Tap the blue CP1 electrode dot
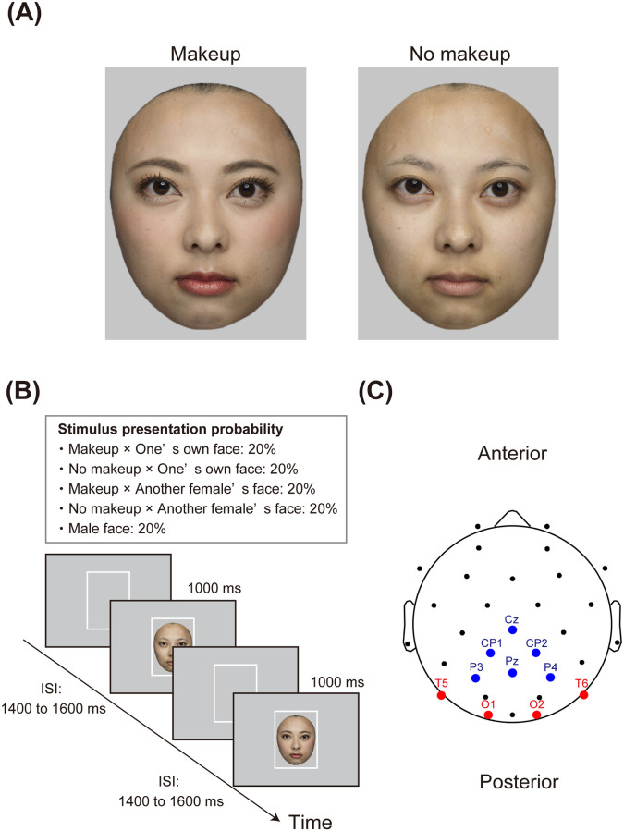point(490,653)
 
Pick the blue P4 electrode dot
point(550,678)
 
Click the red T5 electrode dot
point(441,694)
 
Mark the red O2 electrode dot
point(536,715)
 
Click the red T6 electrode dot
point(583,694)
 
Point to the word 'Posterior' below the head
point(519,782)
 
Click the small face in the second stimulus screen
point(171,645)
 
